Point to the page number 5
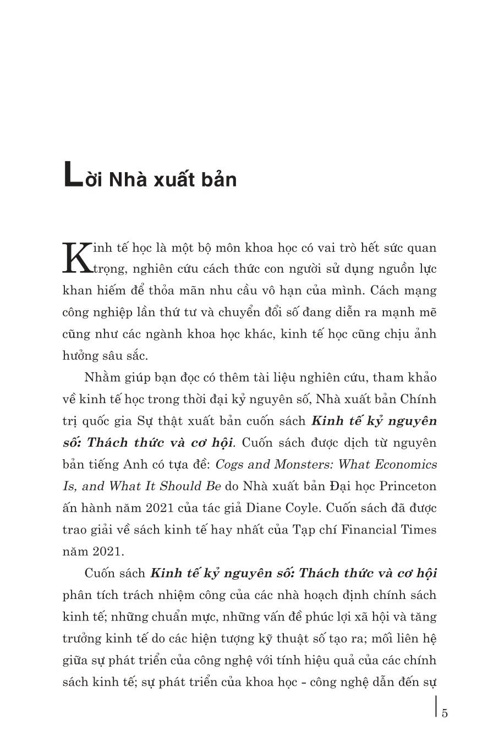445,713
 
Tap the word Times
421,530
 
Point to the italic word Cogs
228,464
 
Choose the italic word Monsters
300,464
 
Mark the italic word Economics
406,464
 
